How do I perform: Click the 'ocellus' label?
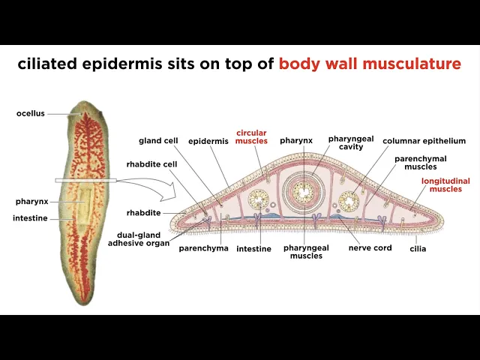[31, 113]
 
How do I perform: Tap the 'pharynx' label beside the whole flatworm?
[32, 201]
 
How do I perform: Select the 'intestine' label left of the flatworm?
[30, 218]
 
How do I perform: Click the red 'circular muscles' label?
[251, 136]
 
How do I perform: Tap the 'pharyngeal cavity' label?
[351, 142]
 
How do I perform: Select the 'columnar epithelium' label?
[424, 140]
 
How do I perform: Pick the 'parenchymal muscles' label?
[421, 162]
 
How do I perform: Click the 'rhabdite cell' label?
[157, 165]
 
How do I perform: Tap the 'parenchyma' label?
[203, 248]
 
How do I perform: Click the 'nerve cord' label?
[370, 248]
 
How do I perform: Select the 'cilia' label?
[418, 248]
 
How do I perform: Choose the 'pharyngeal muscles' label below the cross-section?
[305, 251]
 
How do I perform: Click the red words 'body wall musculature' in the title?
[370, 64]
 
